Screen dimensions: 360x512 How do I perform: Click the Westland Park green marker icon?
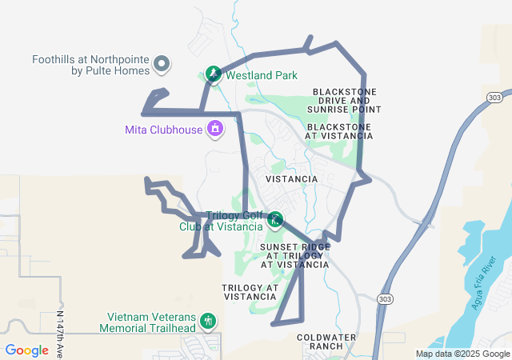[x=214, y=74]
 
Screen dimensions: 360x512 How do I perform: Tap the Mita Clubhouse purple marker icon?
[x=214, y=128]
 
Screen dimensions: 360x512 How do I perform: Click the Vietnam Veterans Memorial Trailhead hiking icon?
[x=208, y=322]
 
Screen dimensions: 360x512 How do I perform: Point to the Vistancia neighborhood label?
[x=291, y=179]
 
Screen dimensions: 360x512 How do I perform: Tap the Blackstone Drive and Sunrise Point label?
[x=347, y=100]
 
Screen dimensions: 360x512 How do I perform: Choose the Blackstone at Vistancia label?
[x=340, y=131]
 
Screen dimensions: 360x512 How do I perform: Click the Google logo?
[x=26, y=350]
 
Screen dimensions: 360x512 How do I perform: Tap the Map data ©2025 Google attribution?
[x=462, y=354]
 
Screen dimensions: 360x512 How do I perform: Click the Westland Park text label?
[x=262, y=75]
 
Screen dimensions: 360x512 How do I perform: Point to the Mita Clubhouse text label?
[x=164, y=129]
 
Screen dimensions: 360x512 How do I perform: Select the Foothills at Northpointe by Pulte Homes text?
[x=91, y=65]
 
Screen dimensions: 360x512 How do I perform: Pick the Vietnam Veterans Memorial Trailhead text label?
[x=147, y=322]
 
